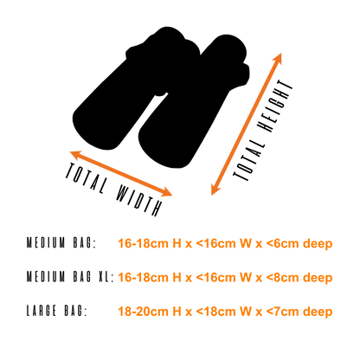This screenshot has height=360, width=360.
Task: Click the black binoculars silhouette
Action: [162, 95]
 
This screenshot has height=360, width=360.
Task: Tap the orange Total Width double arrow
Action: [121, 173]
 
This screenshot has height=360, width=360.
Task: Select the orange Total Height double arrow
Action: [247, 124]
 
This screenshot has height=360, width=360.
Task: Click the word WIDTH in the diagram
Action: [138, 199]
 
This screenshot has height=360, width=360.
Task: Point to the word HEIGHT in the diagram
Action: [274, 106]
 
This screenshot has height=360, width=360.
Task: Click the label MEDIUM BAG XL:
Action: [70, 277]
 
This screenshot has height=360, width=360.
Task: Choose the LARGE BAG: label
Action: [56, 311]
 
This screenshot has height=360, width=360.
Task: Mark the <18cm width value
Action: [215, 312]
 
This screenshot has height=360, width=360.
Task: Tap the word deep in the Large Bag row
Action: [318, 312]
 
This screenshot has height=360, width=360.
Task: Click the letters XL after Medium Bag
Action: [104, 277]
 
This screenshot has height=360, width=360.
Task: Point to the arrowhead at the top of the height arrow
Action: [278, 58]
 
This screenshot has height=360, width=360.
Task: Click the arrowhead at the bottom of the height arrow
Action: [215, 190]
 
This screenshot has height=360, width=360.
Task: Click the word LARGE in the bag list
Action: [42, 311]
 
